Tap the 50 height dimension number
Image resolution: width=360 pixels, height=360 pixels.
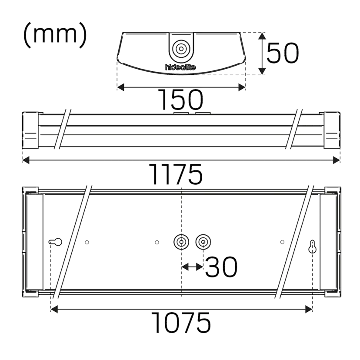click(283, 54)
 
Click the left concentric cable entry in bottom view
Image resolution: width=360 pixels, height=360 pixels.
click(181, 242)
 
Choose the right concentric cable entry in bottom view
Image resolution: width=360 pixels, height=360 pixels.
click(203, 242)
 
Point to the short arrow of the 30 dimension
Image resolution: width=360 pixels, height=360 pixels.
click(192, 267)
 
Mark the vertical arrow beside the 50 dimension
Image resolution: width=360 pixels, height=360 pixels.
click(261, 54)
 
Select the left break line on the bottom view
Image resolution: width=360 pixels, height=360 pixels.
click(73, 241)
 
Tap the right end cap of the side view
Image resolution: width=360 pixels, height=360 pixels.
click(333, 130)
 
